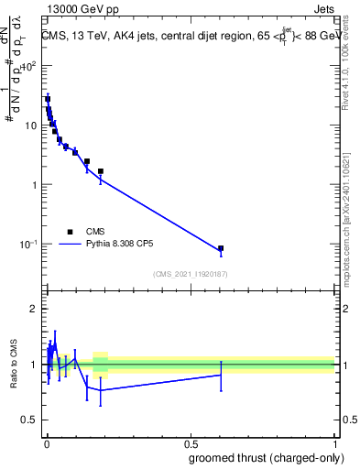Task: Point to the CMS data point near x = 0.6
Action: tap(221, 248)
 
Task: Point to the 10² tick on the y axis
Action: tap(29, 67)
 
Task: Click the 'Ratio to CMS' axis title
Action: tap(14, 365)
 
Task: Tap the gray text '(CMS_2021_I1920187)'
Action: tap(190, 273)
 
